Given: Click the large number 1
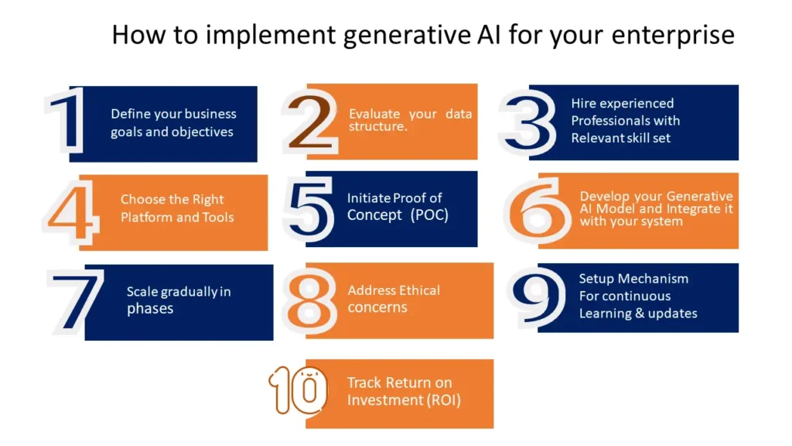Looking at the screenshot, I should tap(66, 122).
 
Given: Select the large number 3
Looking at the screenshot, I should tap(527, 122).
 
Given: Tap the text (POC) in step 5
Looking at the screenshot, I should tap(429, 215).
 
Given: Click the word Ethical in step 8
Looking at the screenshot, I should tap(419, 290).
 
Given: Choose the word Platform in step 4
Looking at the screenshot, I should tap(147, 217).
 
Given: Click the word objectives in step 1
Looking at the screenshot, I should tap(203, 132).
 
